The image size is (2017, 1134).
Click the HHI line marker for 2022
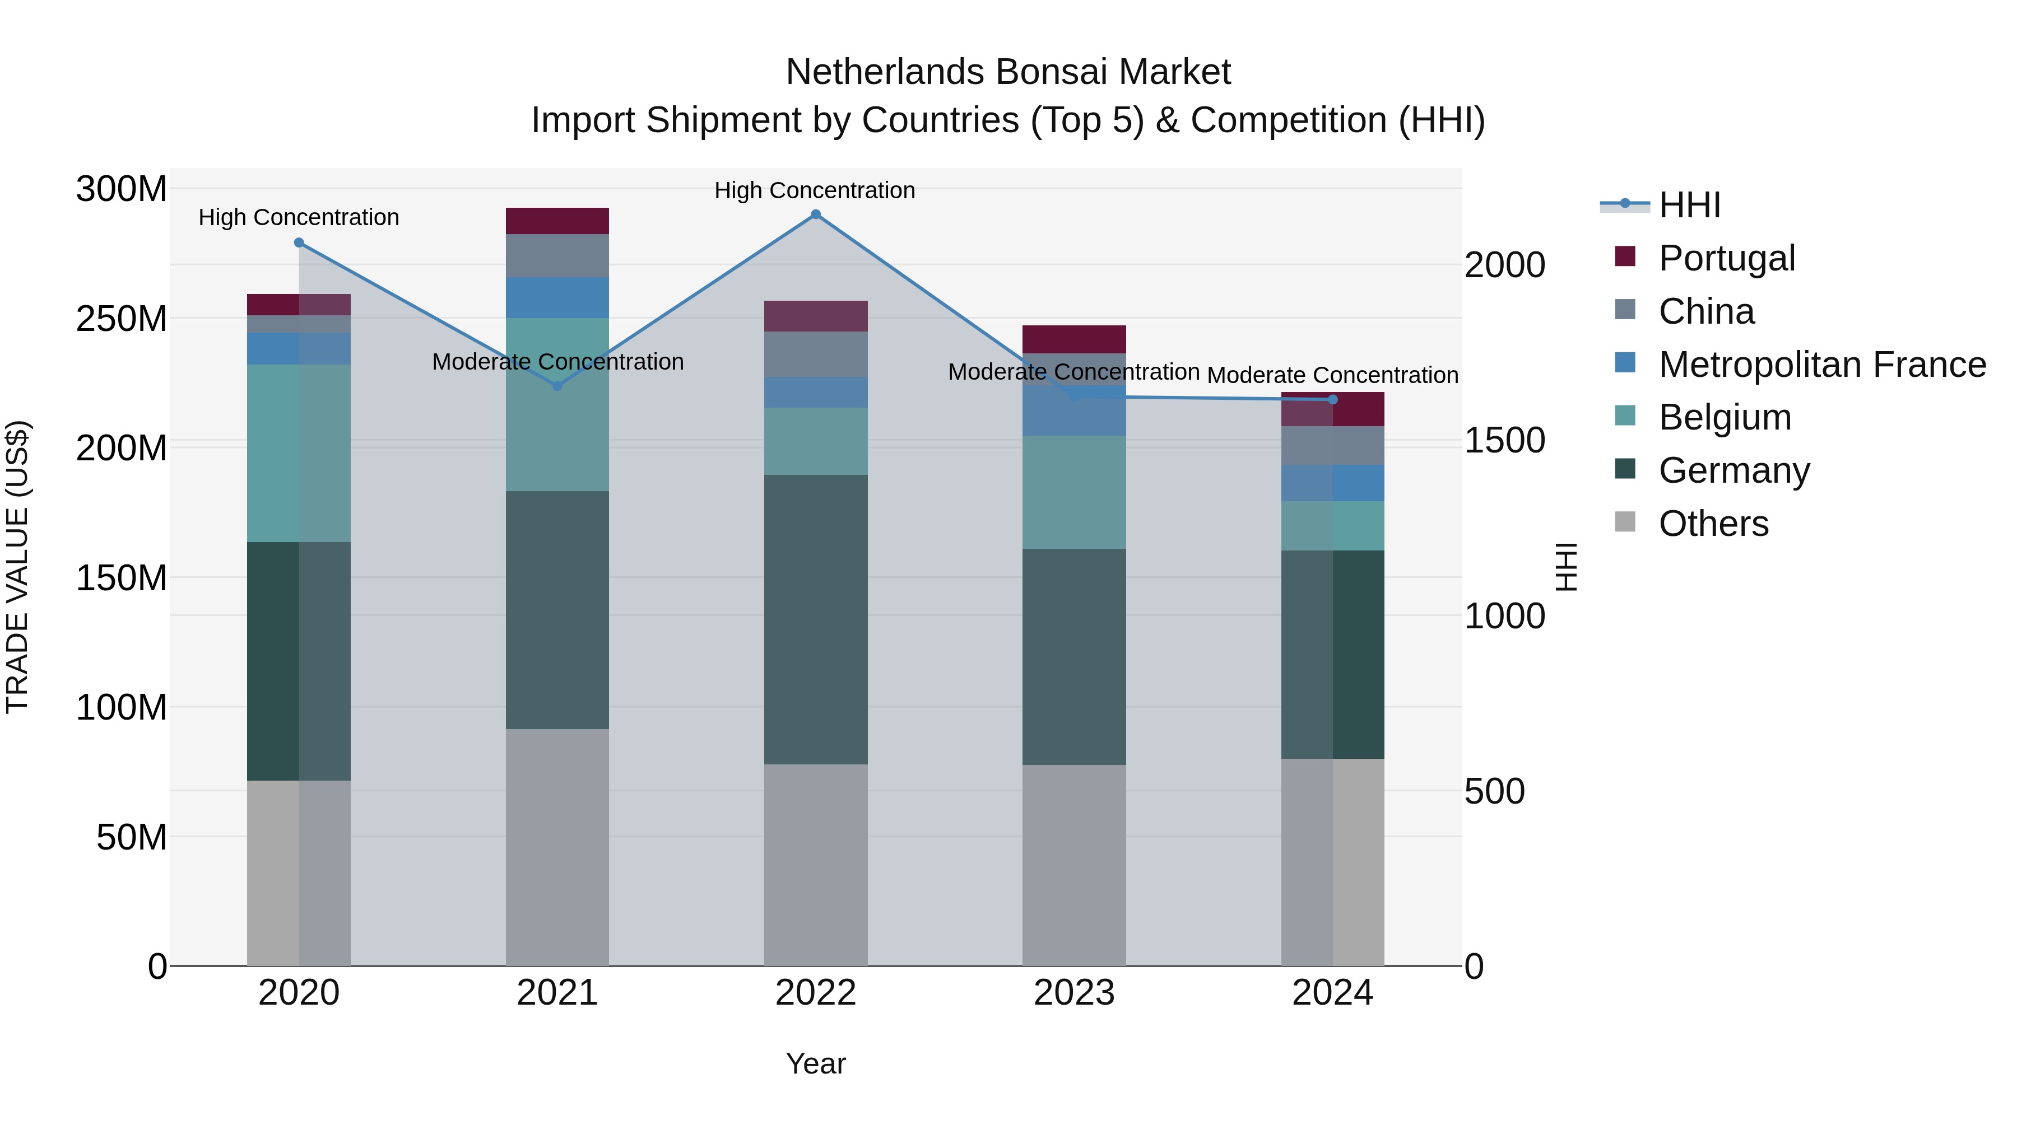coord(815,214)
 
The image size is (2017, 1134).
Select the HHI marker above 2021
coord(557,386)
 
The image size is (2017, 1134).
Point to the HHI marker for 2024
coord(1333,400)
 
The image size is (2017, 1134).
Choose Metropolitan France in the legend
coord(1821,365)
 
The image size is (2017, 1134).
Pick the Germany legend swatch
coord(1625,470)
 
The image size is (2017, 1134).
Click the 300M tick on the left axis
coord(122,189)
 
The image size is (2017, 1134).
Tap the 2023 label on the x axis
coord(1073,993)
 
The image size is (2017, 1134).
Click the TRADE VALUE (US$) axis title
coord(18,567)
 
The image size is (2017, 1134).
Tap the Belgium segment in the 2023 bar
coord(1073,492)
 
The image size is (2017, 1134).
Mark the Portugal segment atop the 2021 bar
coord(557,221)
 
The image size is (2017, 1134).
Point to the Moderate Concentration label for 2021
coord(557,362)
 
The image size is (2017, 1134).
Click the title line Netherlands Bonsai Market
coord(1008,72)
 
